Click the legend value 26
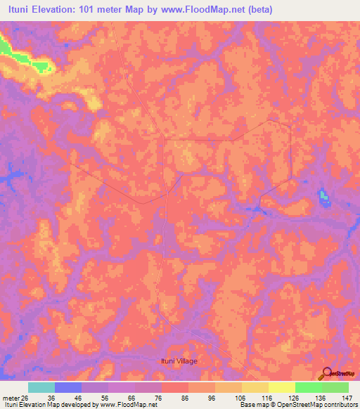click(25, 396)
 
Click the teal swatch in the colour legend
click(41, 387)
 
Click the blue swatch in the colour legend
click(68, 387)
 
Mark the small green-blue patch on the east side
click(323, 197)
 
